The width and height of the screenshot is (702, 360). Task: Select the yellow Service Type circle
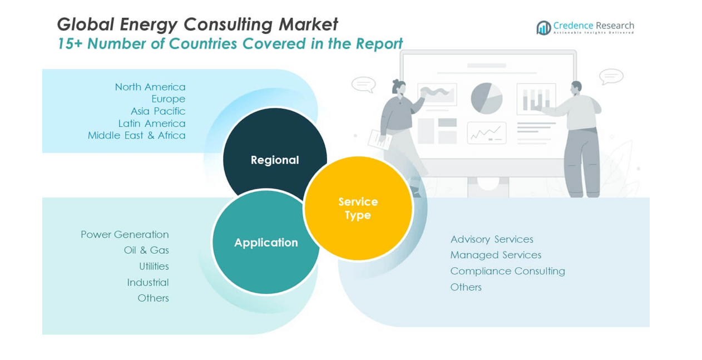point(358,208)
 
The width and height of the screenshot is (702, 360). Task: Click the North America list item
point(150,87)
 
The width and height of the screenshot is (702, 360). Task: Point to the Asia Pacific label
point(158,111)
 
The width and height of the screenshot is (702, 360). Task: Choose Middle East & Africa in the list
point(136,135)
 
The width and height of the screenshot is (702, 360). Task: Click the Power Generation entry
point(125,234)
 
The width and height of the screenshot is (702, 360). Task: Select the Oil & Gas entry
point(146,250)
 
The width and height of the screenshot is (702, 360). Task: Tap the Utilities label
point(154,266)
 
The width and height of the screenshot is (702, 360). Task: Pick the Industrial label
point(147,282)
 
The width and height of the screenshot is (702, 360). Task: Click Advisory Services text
point(492,239)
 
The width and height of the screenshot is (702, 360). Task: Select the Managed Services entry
point(496,255)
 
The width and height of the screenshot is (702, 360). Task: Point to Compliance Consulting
point(507,271)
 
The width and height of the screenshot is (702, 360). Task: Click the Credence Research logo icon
point(543,27)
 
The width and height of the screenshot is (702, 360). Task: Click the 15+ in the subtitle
point(70,44)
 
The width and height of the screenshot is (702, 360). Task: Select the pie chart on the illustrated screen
point(487,98)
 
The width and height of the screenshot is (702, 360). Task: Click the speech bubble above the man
point(611,76)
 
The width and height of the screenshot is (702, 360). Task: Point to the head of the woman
point(399,87)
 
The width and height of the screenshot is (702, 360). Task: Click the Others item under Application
point(153,298)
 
